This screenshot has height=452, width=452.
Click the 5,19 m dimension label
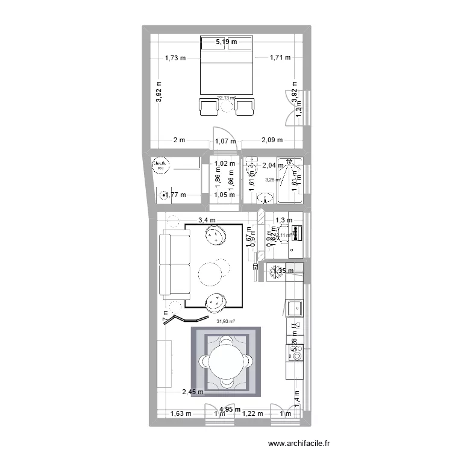click(x=227, y=42)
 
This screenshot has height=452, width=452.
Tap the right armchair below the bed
click(x=245, y=107)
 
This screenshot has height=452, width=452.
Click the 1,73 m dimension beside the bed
click(x=175, y=58)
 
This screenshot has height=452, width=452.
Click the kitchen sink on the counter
click(x=295, y=307)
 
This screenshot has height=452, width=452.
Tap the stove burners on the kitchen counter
click(x=295, y=357)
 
